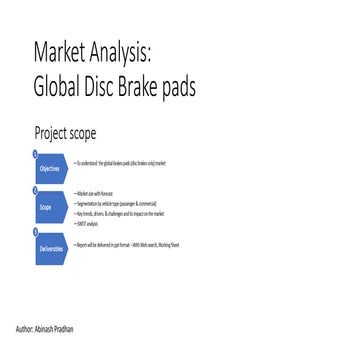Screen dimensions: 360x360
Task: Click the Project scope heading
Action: coord(65,132)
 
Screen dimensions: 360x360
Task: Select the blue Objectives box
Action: coord(50,168)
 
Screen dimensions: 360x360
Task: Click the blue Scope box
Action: coord(47,207)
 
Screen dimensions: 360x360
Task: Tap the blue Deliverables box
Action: coord(50,247)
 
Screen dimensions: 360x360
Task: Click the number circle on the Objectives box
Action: coord(35,153)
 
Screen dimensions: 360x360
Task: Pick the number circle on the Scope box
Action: coord(35,190)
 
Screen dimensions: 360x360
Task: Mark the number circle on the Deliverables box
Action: coord(35,230)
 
